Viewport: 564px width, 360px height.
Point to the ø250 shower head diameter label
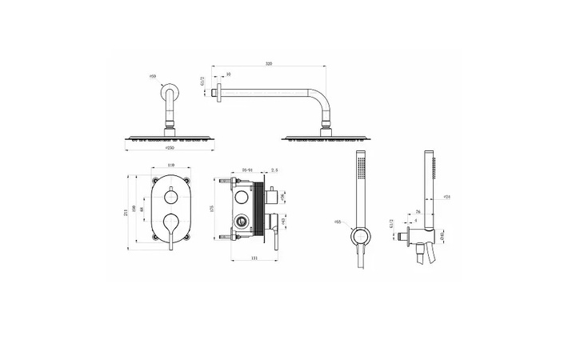coord(169,148)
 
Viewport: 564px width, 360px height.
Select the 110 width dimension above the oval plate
coord(169,166)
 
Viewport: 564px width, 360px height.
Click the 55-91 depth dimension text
coord(248,170)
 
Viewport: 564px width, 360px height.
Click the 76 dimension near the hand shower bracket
coord(419,212)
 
